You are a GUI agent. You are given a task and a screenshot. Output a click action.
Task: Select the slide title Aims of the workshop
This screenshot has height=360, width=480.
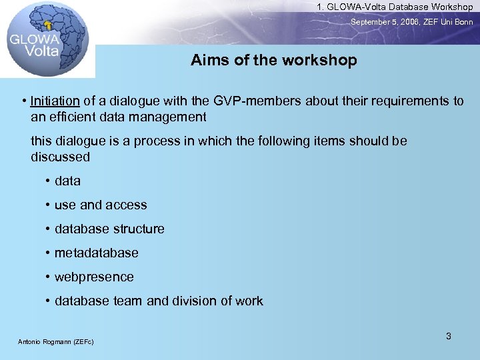point(273,60)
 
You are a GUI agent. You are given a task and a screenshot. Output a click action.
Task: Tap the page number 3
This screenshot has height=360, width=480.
point(449,336)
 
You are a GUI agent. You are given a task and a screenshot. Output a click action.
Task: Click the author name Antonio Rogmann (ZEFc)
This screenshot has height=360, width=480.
point(55,342)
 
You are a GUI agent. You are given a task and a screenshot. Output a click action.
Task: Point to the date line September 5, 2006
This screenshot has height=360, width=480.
point(412,22)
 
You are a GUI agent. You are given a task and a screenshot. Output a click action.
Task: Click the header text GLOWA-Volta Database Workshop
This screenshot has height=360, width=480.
point(395,7)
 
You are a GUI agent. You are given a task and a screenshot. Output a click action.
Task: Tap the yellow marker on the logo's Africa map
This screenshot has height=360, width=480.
point(47,25)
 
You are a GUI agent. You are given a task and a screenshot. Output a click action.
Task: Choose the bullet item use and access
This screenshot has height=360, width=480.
point(101,205)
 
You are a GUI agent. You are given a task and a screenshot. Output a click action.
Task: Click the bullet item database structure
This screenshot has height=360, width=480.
point(109,229)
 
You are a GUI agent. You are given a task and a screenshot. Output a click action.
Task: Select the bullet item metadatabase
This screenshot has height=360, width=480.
point(97,253)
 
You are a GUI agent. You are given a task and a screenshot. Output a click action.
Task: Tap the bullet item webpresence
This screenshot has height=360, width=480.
point(94,277)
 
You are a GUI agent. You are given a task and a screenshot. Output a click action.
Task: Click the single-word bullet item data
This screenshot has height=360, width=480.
point(67,181)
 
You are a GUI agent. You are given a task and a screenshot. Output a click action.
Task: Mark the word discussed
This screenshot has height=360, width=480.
point(60,157)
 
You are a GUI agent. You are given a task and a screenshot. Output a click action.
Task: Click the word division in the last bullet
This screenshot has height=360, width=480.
point(197,301)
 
